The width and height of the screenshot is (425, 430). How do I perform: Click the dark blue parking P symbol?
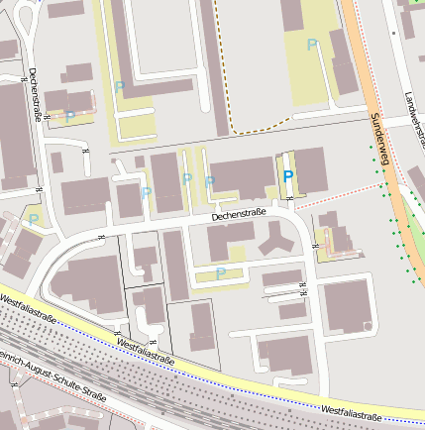(x=288, y=175)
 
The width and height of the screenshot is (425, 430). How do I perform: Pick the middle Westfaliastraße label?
(x=146, y=352)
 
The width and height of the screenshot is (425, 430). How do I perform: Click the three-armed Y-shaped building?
(x=274, y=237)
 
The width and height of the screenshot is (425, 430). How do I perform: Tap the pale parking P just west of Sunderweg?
(x=312, y=45)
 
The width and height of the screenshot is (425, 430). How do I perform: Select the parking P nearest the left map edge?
(x=34, y=219)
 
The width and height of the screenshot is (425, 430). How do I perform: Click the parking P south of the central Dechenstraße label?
(x=220, y=272)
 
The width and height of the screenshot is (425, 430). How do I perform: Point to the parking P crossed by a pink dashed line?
(x=70, y=117)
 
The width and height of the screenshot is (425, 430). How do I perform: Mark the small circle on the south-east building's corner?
(x=368, y=325)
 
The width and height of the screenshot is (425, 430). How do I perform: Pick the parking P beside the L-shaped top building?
(x=120, y=87)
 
